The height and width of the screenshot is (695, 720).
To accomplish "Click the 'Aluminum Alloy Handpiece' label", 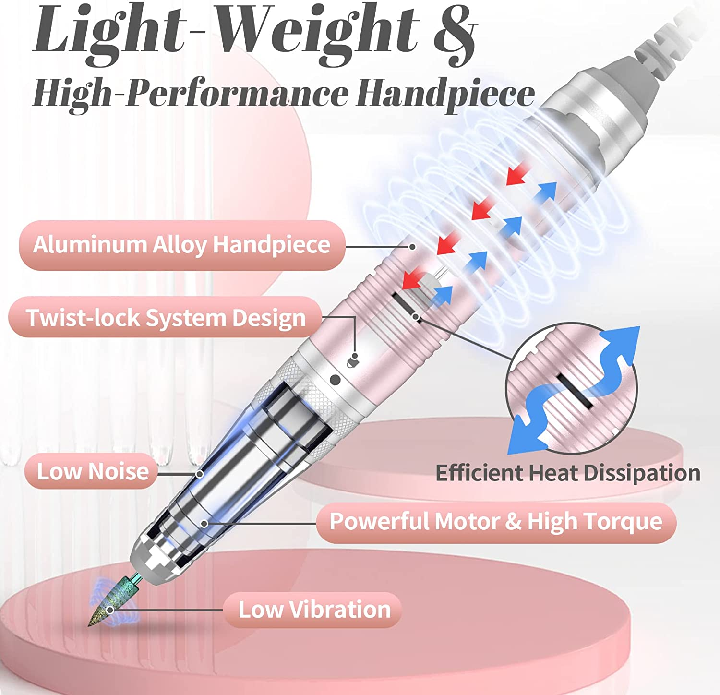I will (181, 245).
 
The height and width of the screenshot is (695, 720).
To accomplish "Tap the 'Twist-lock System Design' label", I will (166, 317).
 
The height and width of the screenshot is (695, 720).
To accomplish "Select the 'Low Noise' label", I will (92, 471).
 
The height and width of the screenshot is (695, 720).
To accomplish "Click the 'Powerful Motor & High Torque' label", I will (496, 522).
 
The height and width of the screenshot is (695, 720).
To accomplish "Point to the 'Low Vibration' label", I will (314, 610).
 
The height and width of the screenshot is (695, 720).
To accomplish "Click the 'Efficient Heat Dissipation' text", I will (568, 473).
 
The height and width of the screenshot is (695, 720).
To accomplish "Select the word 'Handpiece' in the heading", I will (445, 94).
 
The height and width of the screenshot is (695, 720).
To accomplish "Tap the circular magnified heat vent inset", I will (571, 389).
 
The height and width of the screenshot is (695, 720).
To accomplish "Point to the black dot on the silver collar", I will (336, 380).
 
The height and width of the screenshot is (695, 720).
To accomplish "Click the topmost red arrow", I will (517, 173).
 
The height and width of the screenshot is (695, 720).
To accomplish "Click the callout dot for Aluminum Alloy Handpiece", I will (412, 247).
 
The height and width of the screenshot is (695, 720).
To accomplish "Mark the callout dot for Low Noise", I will (200, 474).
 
